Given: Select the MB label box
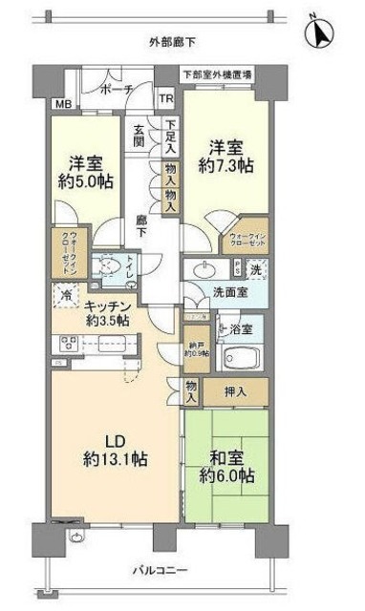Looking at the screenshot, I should click(x=61, y=103).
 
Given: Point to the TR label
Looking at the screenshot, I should click(x=165, y=99).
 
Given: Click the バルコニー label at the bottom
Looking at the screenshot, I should click(x=168, y=570).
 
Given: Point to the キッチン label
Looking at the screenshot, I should click(x=107, y=305).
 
